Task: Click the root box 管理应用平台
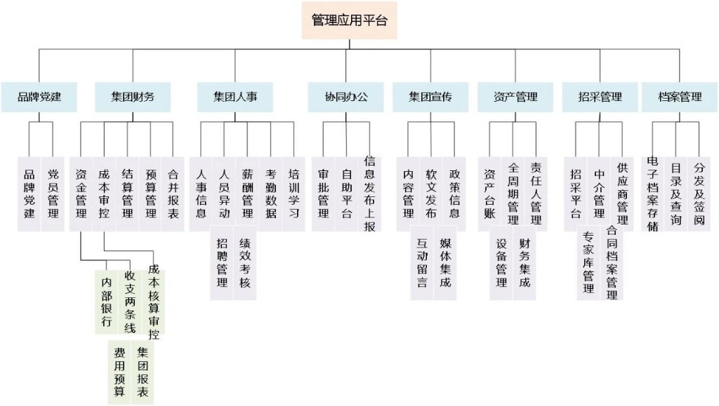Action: coord(349,20)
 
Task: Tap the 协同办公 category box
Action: coord(345,97)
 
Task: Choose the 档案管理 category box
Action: coord(680,97)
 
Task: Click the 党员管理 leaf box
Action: coord(53,193)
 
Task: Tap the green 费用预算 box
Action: coord(119,372)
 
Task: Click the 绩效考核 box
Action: coord(244,263)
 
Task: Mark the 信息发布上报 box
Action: coord(369,193)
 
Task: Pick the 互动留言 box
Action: coord(422,263)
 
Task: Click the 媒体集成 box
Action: coord(445,263)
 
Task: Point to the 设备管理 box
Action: coord(501,263)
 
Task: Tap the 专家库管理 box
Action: coord(588,263)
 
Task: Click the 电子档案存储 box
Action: coord(652,193)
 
